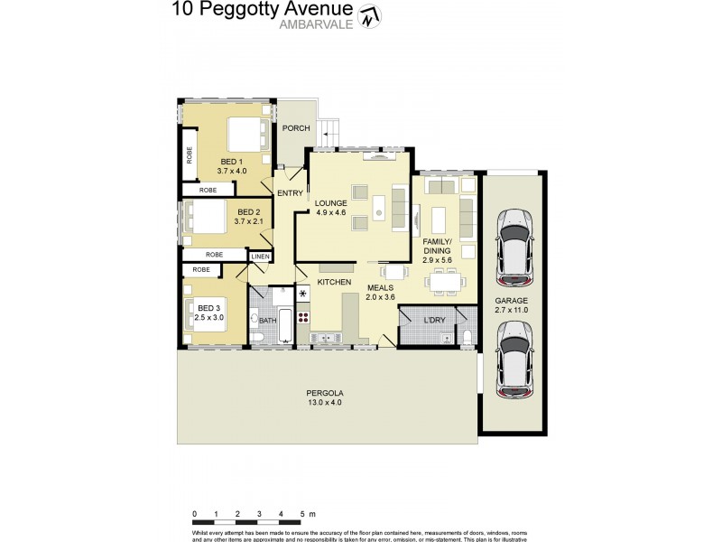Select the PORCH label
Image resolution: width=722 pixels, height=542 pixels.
[295, 128]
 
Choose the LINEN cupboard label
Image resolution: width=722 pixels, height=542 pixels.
[260, 257]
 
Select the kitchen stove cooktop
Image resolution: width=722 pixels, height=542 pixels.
[303, 317]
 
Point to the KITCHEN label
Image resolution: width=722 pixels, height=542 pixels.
[333, 283]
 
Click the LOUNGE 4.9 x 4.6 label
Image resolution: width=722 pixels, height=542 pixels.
[331, 208]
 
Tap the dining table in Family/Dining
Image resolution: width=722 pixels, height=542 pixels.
[445, 283]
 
